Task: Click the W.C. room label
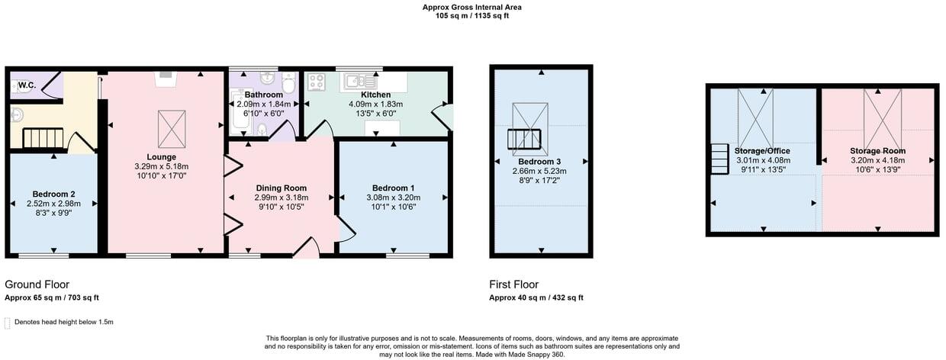click(27, 85)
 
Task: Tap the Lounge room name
click(161, 157)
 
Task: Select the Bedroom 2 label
click(53, 193)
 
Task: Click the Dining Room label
click(281, 188)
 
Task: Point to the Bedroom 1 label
click(393, 188)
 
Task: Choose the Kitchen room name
click(375, 95)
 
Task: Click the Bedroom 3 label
click(539, 162)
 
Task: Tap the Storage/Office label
click(763, 151)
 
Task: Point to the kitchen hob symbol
click(317, 80)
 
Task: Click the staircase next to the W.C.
click(43, 138)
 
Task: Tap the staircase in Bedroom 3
click(523, 140)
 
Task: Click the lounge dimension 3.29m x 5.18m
click(161, 166)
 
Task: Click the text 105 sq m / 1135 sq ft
click(472, 14)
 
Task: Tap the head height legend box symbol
click(8, 322)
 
